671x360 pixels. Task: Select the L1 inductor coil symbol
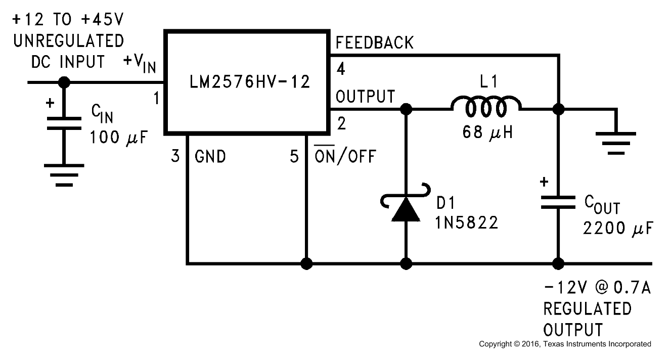pos(485,107)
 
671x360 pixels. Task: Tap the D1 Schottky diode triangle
pos(407,209)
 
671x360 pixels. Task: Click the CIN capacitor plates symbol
pos(64,123)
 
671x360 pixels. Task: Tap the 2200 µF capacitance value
pos(616,229)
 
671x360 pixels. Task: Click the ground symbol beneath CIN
pos(64,174)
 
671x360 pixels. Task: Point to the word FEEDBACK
pos(375,43)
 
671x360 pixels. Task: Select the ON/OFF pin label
pos(345,157)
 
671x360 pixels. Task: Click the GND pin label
pos(210,157)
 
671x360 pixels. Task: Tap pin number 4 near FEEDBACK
pos(341,69)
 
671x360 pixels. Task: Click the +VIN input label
pos(140,63)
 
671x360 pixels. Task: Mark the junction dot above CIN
pos(64,82)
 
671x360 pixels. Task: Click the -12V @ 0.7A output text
pos(596,289)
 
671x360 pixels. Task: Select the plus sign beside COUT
pos(544,183)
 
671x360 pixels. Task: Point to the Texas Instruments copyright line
pos(565,344)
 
